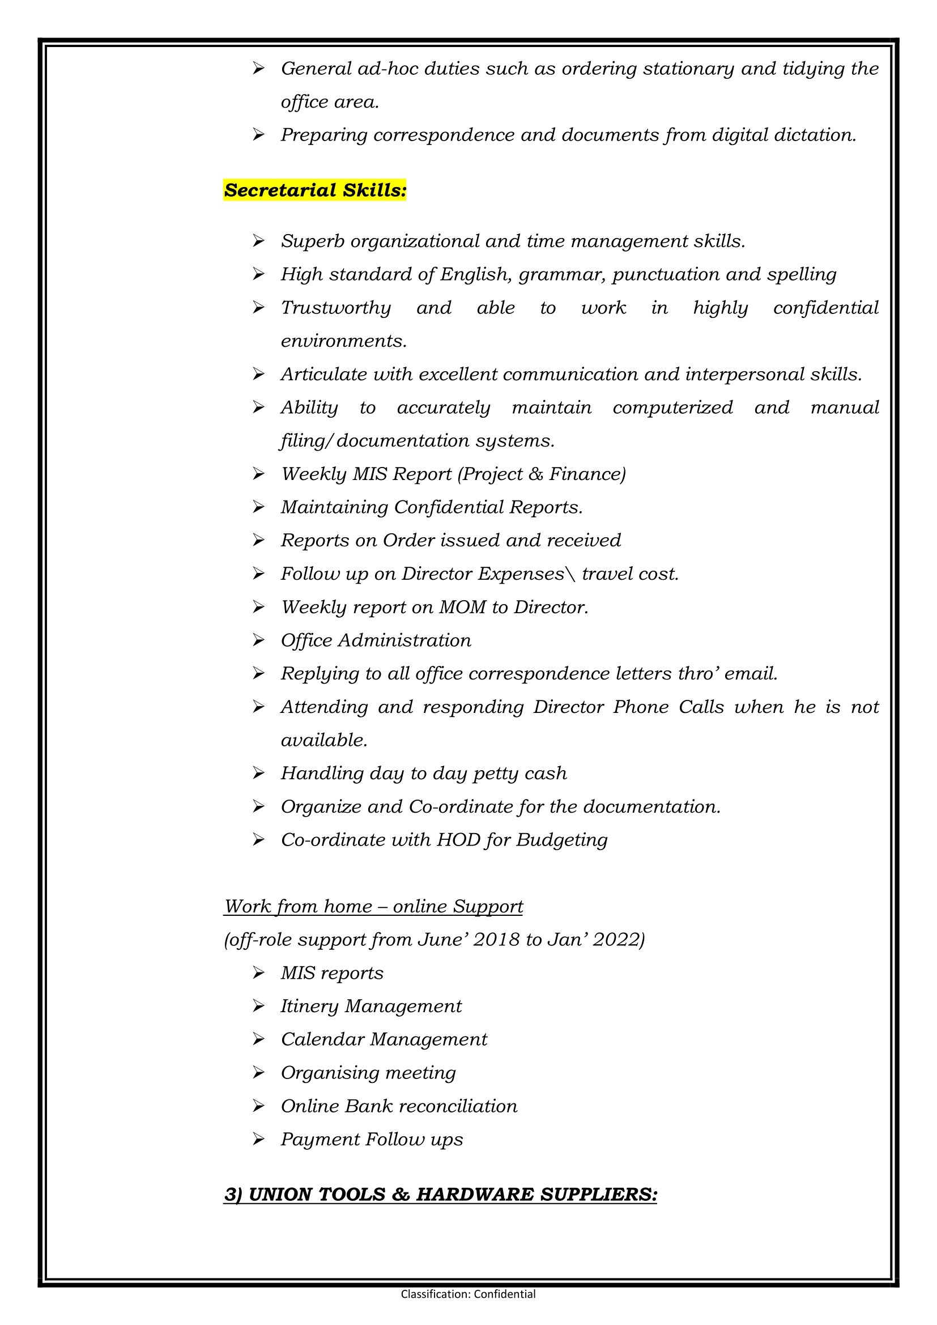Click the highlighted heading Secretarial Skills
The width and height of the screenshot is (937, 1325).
[x=315, y=190]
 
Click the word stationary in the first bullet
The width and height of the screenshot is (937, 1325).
[x=688, y=69]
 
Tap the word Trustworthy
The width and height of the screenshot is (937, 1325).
[x=336, y=308]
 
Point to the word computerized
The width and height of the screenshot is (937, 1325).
[x=673, y=407]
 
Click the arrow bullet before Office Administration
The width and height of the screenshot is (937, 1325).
[x=258, y=640]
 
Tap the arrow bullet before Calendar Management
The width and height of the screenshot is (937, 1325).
[x=258, y=1039]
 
